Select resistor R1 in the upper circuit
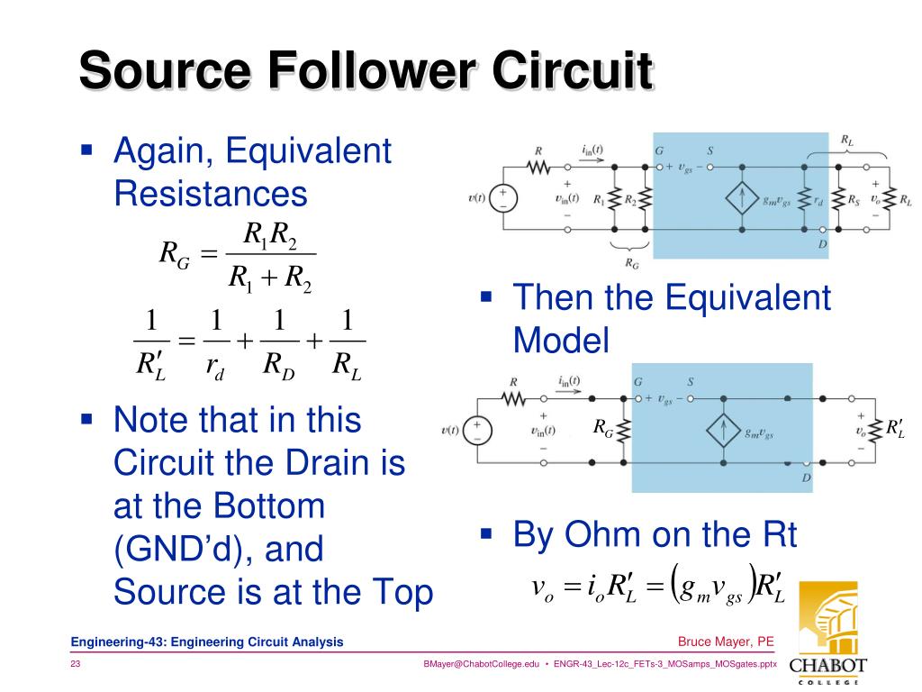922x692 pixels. [615, 200]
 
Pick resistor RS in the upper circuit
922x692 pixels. [837, 200]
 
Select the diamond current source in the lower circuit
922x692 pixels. [719, 431]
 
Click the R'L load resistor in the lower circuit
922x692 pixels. [877, 430]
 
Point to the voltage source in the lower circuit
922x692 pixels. [477, 430]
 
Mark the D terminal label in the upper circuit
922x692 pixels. [822, 244]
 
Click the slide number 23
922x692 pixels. [76, 664]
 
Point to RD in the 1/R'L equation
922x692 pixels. [279, 365]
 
